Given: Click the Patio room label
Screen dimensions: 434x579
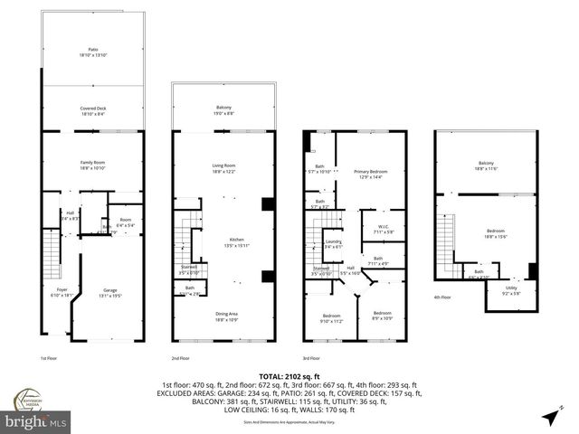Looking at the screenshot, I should [x=92, y=52].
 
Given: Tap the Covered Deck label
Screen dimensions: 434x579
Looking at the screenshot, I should [x=92, y=110].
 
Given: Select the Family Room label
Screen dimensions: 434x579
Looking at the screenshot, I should [x=92, y=165].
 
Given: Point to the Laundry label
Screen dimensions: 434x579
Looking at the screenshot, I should [x=333, y=244].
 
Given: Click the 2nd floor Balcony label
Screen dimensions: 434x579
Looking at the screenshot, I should [x=223, y=109].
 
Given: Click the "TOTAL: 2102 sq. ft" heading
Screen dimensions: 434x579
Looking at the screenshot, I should [x=289, y=375].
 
